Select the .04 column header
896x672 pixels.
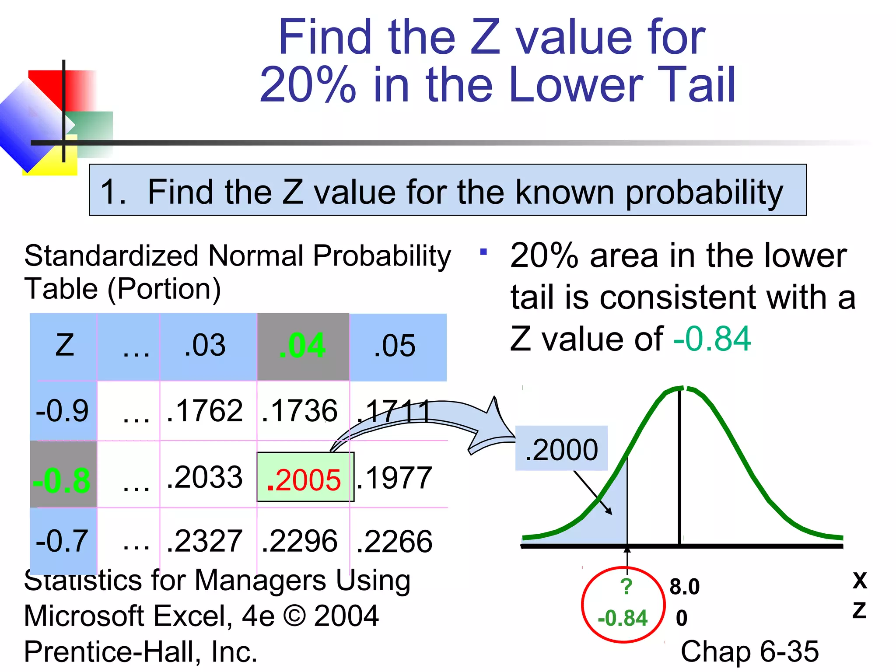303,346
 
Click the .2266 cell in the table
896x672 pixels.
395,541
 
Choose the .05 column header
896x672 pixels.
395,346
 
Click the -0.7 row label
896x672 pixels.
63,541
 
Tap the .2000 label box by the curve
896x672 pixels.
561,449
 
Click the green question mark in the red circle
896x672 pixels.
626,586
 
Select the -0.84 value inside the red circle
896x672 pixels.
623,618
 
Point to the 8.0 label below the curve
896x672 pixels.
684,586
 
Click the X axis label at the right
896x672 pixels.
860,581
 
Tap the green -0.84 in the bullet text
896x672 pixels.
712,339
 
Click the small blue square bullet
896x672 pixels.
483,252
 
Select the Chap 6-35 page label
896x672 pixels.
749,651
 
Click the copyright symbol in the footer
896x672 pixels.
295,616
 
